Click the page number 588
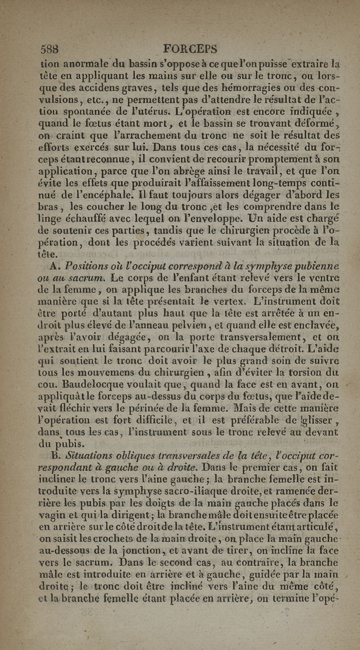[49, 48]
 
